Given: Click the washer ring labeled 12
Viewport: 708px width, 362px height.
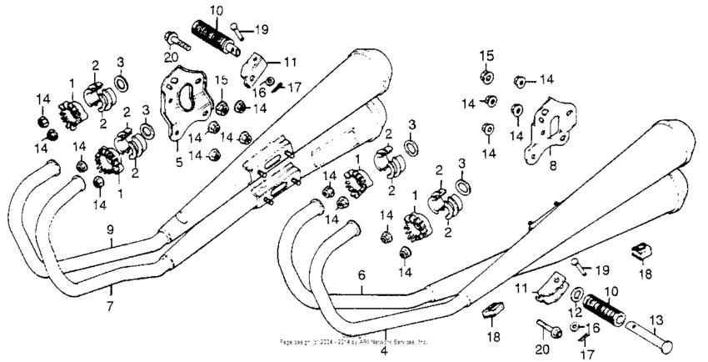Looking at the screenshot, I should [x=577, y=294].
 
